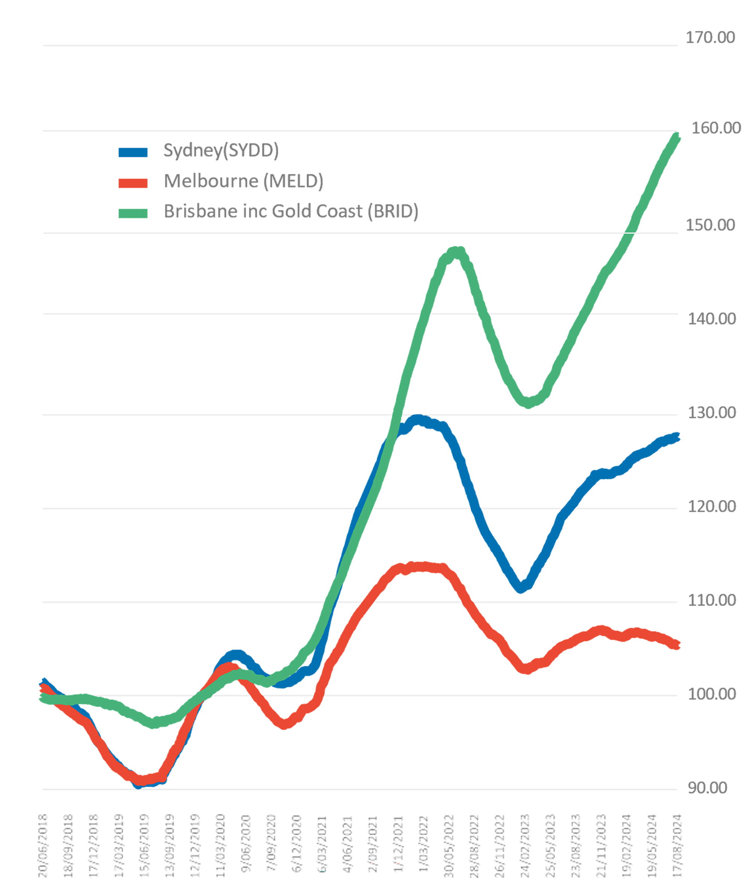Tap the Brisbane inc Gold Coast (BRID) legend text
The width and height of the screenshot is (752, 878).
click(291, 211)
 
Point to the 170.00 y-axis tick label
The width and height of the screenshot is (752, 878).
click(710, 38)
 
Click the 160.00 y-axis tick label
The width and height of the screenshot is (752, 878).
click(716, 128)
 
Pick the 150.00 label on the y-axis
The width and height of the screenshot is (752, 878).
click(710, 225)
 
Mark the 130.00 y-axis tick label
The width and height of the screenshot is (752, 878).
click(711, 413)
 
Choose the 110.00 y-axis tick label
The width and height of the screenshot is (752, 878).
click(711, 600)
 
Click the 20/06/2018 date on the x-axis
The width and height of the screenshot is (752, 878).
click(43, 845)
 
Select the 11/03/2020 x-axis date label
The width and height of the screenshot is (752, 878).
click(220, 845)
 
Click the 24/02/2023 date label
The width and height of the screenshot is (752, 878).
click(525, 845)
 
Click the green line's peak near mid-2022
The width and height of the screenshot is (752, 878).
click(457, 252)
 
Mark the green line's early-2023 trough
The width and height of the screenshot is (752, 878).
click(528, 403)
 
